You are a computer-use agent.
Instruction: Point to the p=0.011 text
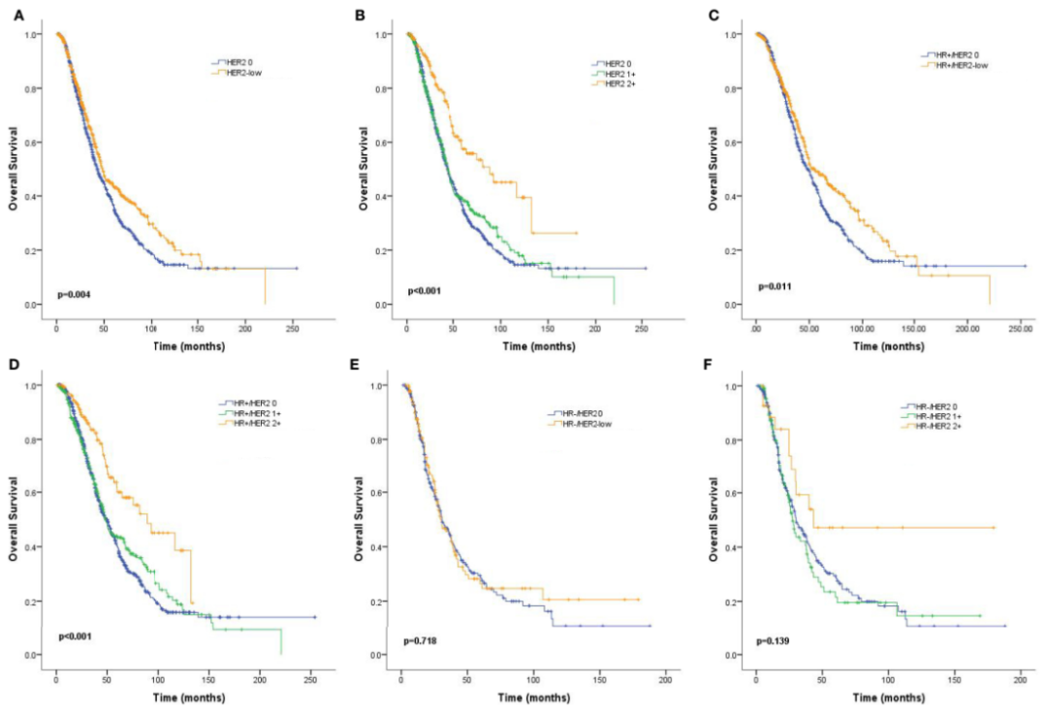(x=775, y=287)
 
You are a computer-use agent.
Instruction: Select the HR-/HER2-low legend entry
(x=589, y=423)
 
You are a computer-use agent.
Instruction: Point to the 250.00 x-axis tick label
(x=1021, y=330)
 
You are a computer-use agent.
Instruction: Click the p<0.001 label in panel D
(x=77, y=636)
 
